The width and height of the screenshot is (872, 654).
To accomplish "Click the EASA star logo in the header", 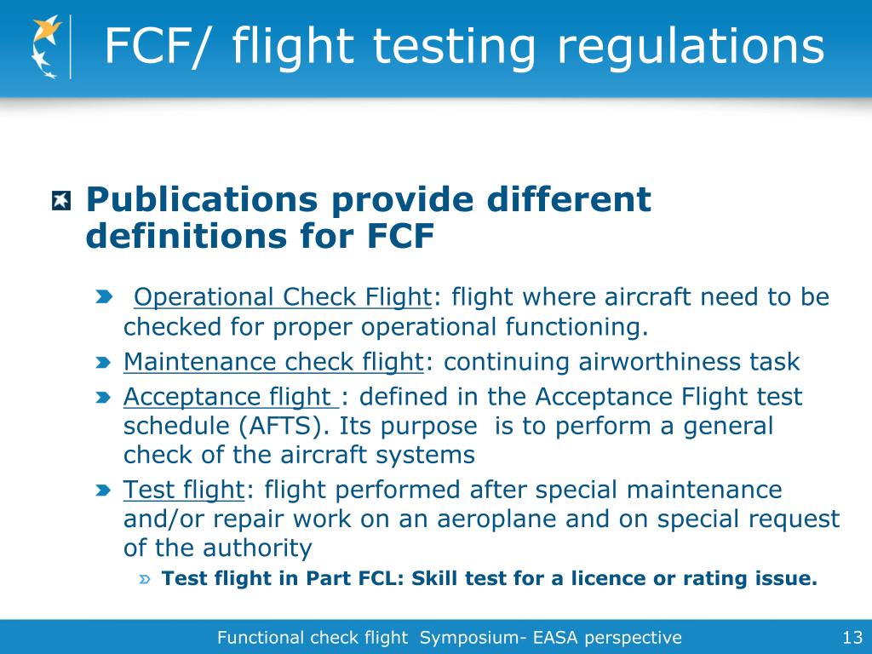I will (47, 48).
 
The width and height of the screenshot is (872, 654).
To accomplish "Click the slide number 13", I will (852, 637).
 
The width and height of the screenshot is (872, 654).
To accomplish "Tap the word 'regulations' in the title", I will (691, 46).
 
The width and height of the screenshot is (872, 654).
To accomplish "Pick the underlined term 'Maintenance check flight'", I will (273, 362).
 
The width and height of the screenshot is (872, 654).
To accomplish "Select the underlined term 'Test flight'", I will (183, 490).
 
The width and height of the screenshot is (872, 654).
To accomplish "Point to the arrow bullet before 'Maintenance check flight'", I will (103, 363).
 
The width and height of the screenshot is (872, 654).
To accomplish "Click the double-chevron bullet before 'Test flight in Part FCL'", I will (146, 580).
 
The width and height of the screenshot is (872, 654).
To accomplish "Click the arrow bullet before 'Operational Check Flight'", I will (103, 297).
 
